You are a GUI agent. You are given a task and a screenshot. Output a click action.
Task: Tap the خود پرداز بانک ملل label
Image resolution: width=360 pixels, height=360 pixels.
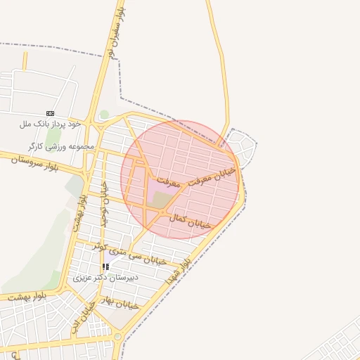pyautogui.click(x=51, y=124)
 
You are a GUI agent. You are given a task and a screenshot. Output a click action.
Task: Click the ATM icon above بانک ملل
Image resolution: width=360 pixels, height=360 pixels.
pyautogui.click(x=50, y=113)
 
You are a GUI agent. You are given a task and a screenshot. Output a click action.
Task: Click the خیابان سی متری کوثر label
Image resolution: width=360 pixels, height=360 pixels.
pyautogui.click(x=131, y=253)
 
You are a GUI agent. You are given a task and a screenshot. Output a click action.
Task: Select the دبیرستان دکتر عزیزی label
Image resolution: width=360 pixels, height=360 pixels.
pyautogui.click(x=106, y=277)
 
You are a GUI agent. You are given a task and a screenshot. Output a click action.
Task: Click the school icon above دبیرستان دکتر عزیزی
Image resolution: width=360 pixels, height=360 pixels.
pyautogui.click(x=106, y=267)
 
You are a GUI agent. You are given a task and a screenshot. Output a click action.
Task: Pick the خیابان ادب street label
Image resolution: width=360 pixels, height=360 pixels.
pyautogui.click(x=83, y=318)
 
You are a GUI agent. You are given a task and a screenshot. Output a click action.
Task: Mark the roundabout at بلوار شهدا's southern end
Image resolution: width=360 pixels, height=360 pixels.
pyautogui.click(x=118, y=337)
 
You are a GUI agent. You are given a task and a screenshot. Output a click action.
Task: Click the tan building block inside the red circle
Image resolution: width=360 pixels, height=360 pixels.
pyautogui.click(x=162, y=200)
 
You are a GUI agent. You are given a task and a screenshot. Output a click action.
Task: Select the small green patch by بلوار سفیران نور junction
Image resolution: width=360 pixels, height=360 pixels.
pyautogui.click(x=105, y=114)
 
